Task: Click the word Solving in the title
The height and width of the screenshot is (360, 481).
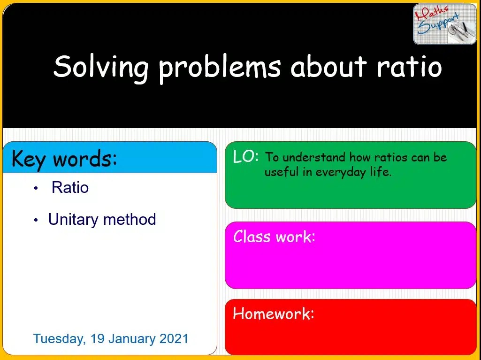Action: (x=100, y=67)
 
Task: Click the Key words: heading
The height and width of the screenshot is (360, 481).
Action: (x=64, y=159)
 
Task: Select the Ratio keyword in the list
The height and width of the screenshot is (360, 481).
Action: (x=70, y=188)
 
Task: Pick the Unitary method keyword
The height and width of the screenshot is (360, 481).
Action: (x=102, y=219)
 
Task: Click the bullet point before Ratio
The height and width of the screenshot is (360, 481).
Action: (x=36, y=189)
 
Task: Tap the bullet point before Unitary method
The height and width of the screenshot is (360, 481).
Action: (x=36, y=220)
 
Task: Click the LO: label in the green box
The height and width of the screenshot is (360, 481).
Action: (x=245, y=157)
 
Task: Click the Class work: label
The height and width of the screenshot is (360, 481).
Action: (x=274, y=236)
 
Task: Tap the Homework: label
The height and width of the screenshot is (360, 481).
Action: (x=273, y=314)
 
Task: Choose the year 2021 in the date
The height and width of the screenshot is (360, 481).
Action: (x=174, y=338)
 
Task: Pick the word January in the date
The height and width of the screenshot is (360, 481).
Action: (x=131, y=338)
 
